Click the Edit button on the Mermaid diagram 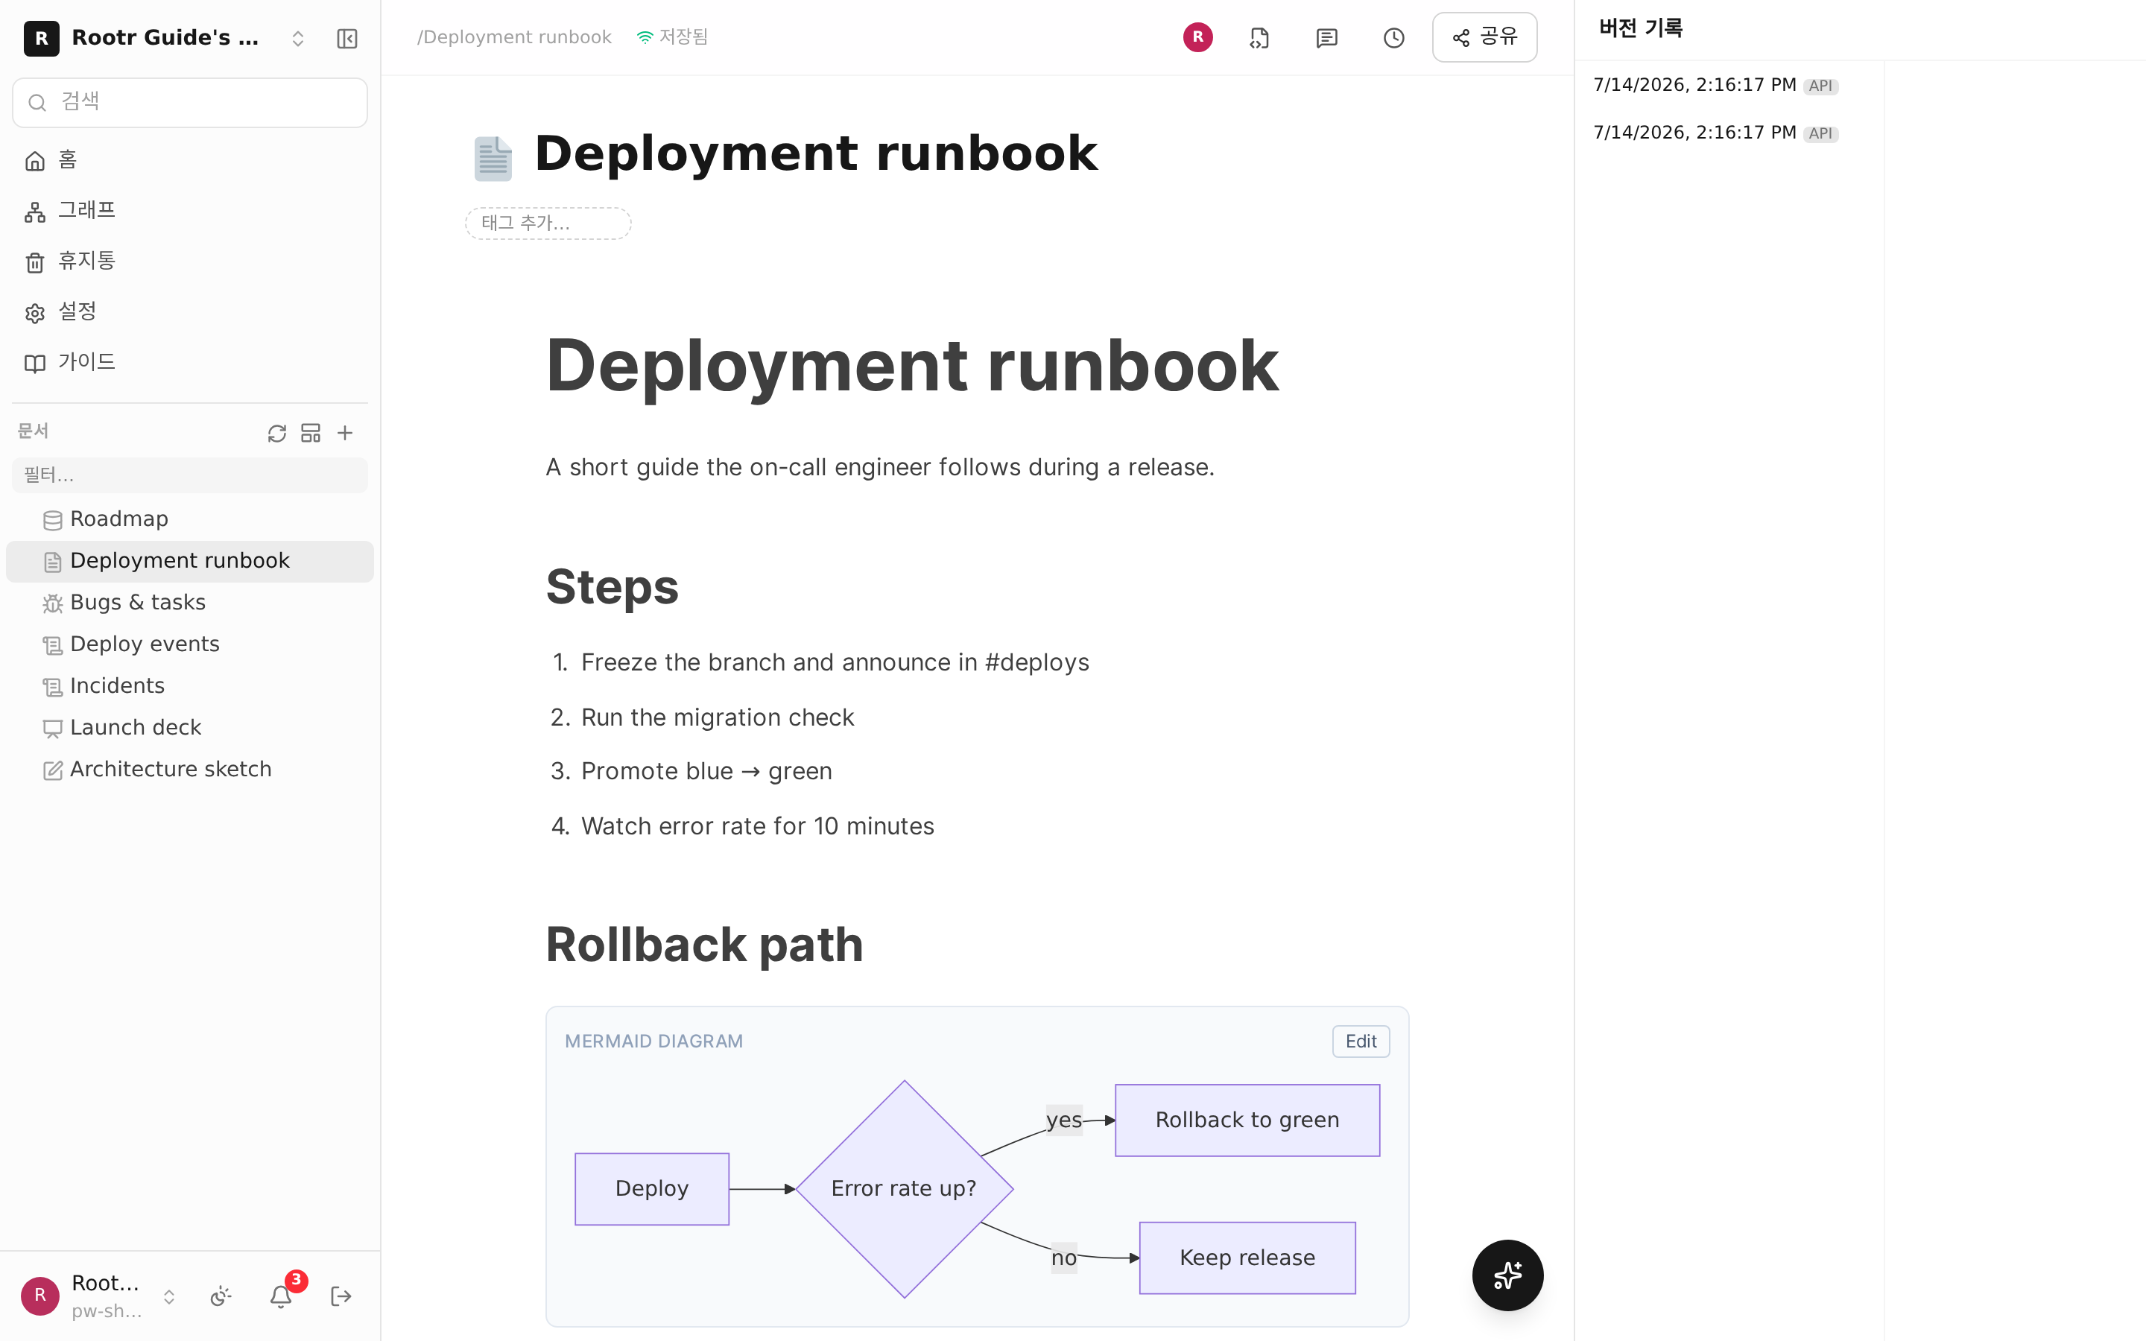tap(1361, 1042)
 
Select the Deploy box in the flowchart tap(652, 1188)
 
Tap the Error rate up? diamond tap(904, 1188)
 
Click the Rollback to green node tap(1247, 1120)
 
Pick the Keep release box tap(1247, 1258)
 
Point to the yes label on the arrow tap(1064, 1120)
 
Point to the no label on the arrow tap(1064, 1258)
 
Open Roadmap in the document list tap(118, 519)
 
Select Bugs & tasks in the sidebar tap(137, 602)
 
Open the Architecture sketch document tap(170, 769)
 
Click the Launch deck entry tap(136, 727)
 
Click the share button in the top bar tap(1484, 37)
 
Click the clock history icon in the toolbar tap(1394, 37)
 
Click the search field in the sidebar tap(190, 102)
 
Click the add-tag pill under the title tap(548, 223)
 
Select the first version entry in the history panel tap(1715, 85)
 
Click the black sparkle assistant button tap(1507, 1275)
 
